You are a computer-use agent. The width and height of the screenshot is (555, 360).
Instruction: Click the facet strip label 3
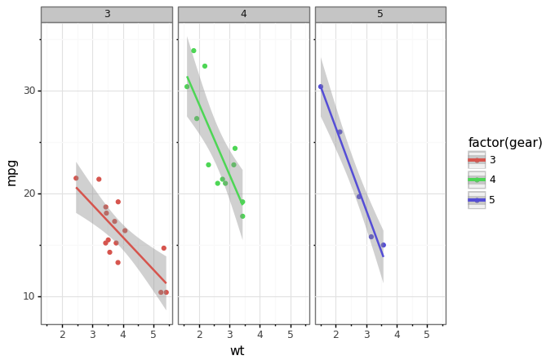107,14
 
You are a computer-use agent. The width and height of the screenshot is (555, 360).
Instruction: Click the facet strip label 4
243,14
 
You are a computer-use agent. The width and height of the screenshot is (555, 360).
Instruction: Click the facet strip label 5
380,14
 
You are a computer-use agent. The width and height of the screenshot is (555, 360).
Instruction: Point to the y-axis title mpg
12,172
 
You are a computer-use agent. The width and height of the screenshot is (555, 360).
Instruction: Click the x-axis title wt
237,351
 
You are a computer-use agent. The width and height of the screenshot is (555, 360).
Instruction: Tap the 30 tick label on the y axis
29,91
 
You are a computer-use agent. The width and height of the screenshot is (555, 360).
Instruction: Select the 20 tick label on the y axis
29,193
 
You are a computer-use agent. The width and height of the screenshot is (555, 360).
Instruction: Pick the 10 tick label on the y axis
29,296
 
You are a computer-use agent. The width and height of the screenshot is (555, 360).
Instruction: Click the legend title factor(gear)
505,143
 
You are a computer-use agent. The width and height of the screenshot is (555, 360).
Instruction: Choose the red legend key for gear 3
477,160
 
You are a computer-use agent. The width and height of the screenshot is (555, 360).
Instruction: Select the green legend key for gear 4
477,180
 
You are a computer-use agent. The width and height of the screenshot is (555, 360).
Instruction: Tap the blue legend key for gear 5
477,200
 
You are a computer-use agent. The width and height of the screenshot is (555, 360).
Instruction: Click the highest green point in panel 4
193,51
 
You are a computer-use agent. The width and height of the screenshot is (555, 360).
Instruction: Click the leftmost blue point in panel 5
321,87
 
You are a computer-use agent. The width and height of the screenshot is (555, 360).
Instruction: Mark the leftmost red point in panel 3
76,178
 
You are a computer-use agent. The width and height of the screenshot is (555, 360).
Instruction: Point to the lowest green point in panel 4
242,216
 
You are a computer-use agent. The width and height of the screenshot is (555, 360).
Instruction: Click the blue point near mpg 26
340,132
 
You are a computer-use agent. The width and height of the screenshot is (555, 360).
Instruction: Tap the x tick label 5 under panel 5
427,335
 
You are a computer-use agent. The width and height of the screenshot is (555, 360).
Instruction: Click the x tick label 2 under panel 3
62,335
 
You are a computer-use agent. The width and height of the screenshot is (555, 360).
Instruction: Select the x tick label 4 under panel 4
260,335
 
